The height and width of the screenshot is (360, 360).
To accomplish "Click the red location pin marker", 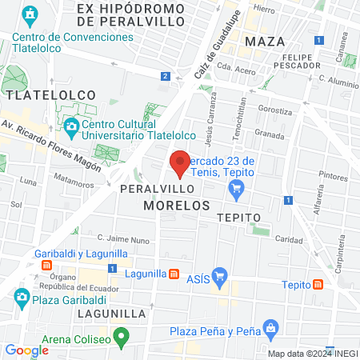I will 180,162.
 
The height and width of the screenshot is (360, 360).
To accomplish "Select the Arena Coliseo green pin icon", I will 122,337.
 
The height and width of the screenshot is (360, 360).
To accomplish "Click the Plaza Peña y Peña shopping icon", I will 270,328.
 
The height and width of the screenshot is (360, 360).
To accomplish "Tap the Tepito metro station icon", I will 319,284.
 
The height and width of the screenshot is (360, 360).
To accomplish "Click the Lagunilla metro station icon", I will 174,273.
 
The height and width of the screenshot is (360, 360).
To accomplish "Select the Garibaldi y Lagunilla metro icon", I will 48,265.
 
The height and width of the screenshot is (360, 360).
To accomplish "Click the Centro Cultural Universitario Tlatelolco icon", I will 71,126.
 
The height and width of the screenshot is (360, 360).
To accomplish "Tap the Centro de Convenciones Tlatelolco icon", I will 30,14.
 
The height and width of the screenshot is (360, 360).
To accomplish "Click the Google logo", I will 26,350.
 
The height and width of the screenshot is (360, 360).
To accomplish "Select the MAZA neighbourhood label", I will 266,41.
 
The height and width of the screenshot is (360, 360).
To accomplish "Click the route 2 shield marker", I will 165,76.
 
